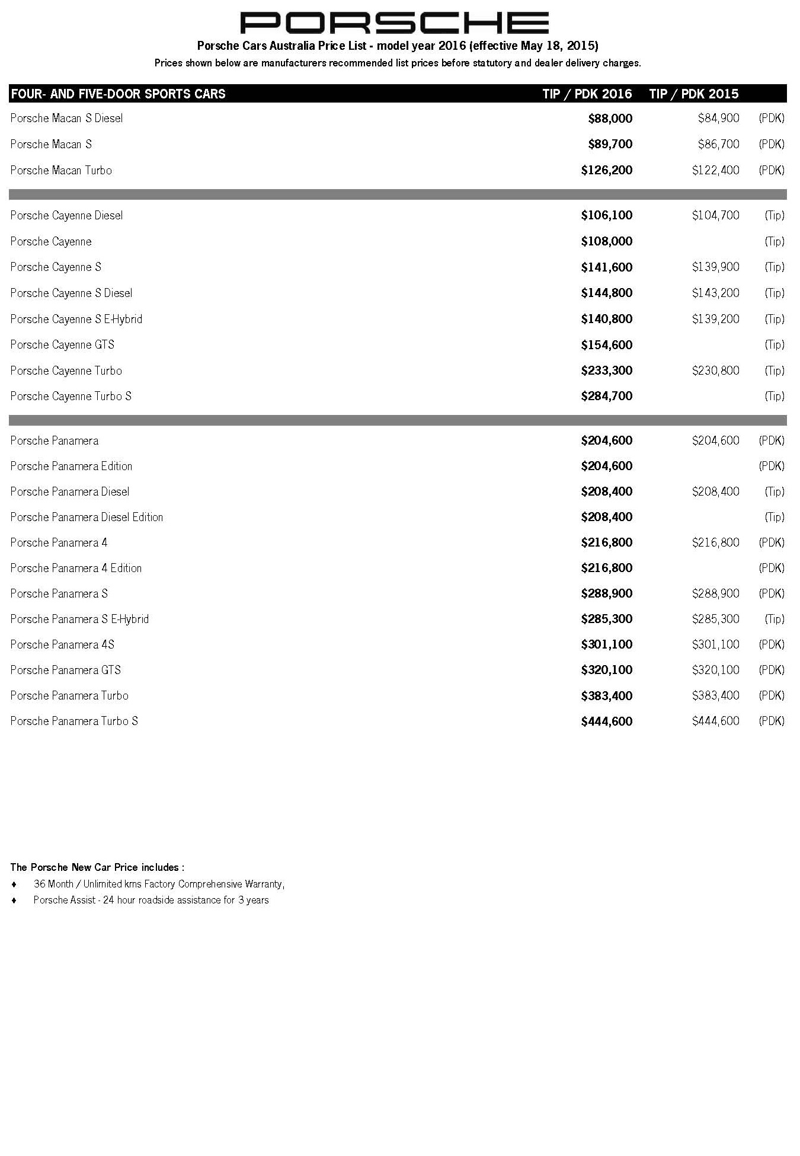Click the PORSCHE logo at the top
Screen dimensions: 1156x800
click(x=394, y=23)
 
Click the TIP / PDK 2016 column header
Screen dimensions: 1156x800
click(x=587, y=94)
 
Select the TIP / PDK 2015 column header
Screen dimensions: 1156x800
click(x=693, y=94)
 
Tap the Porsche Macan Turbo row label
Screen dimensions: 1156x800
click(x=61, y=170)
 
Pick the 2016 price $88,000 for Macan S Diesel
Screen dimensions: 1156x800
click(x=610, y=119)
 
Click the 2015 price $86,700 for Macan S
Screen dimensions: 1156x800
click(x=718, y=144)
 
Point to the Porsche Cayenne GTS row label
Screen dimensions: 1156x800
click(x=62, y=344)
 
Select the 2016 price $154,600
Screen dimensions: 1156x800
click(x=606, y=345)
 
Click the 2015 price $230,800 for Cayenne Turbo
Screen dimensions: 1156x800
click(x=715, y=371)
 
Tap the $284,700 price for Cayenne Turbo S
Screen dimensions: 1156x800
click(x=606, y=396)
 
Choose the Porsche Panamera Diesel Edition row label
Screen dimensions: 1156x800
click(x=87, y=517)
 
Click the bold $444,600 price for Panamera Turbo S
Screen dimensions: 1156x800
click(x=606, y=721)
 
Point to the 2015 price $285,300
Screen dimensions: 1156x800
click(x=715, y=619)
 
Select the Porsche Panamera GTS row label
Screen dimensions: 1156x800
click(x=65, y=670)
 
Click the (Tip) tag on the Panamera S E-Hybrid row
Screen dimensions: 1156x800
click(x=774, y=619)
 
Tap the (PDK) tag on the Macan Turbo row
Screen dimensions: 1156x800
click(x=771, y=170)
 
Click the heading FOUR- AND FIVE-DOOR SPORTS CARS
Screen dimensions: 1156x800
click(x=118, y=94)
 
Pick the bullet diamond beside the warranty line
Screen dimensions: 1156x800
click(x=14, y=884)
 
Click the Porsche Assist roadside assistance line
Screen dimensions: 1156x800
click(x=151, y=900)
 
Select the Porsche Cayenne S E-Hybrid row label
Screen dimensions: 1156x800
click(x=76, y=319)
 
